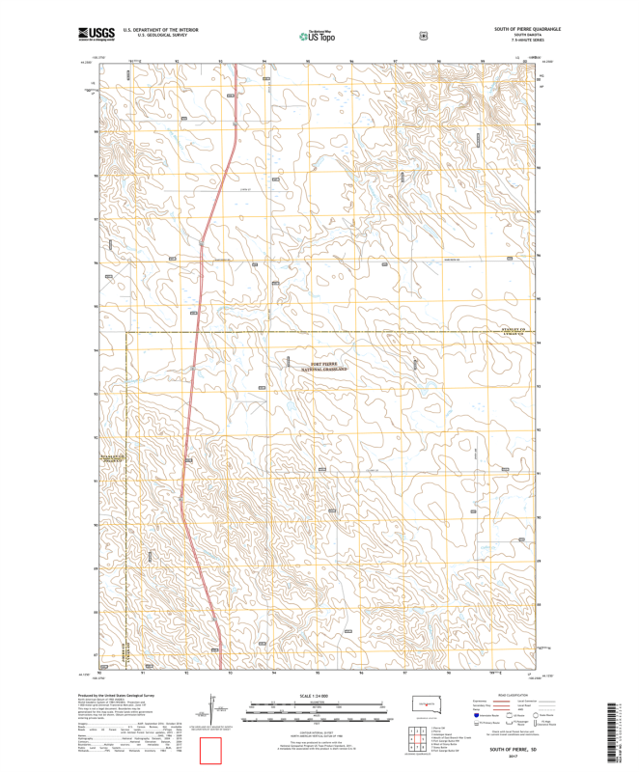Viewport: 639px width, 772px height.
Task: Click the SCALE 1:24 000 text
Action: coord(319,695)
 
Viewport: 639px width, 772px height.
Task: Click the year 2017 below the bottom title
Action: coord(512,758)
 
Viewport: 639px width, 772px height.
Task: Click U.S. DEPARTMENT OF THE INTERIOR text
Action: coord(154,29)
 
